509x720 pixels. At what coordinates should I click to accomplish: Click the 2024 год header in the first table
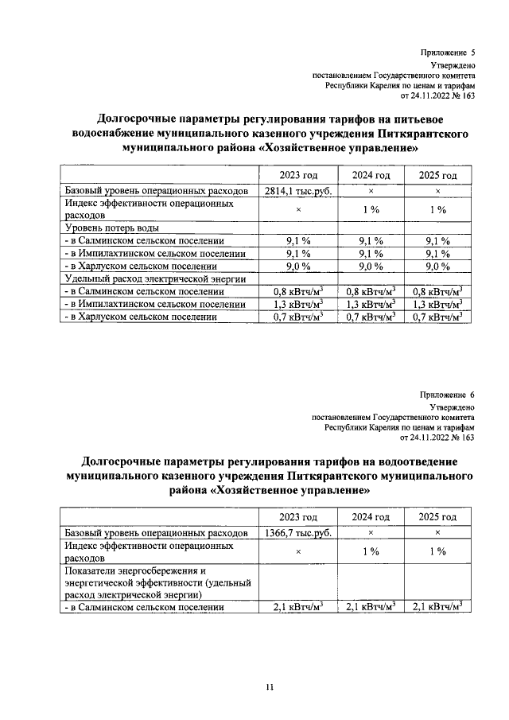coord(371,175)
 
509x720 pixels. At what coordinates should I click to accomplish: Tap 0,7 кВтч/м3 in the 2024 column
coord(371,317)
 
